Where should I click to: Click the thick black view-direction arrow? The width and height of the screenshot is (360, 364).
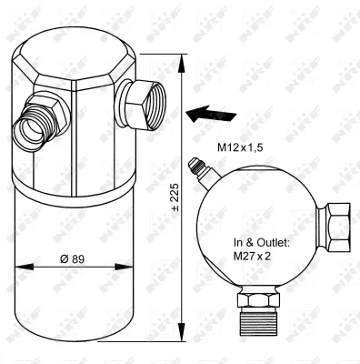point(206,113)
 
